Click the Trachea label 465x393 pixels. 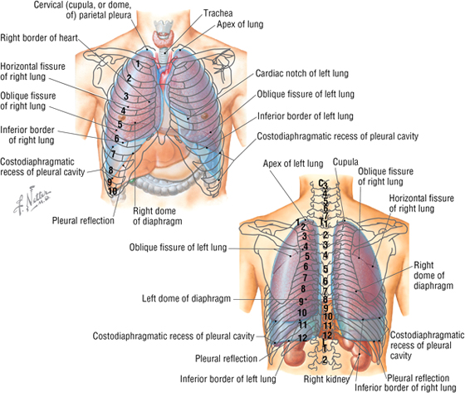pyautogui.click(x=218, y=13)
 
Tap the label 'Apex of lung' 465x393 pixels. pyautogui.click(x=240, y=24)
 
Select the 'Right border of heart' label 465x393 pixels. pyautogui.click(x=39, y=37)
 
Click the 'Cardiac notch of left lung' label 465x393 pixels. pyautogui.click(x=302, y=73)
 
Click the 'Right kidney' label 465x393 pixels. pyautogui.click(x=326, y=379)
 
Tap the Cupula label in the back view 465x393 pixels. pyautogui.click(x=345, y=162)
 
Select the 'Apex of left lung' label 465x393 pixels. pyautogui.click(x=293, y=163)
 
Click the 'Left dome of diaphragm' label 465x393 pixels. pyautogui.click(x=186, y=298)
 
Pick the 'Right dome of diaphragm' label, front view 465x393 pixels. pyautogui.click(x=157, y=216)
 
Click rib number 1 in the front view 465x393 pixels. pyautogui.click(x=138, y=63)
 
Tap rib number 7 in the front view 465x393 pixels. pyautogui.click(x=113, y=154)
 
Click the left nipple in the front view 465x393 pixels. pyautogui.click(x=204, y=116)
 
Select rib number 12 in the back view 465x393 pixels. pyautogui.click(x=302, y=338)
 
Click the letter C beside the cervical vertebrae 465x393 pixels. pyautogui.click(x=321, y=183)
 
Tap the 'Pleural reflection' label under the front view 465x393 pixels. pyautogui.click(x=83, y=220)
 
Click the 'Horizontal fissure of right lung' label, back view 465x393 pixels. pyautogui.click(x=422, y=204)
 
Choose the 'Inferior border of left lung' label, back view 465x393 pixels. pyautogui.click(x=228, y=379)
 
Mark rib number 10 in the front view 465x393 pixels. pyautogui.click(x=112, y=191)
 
